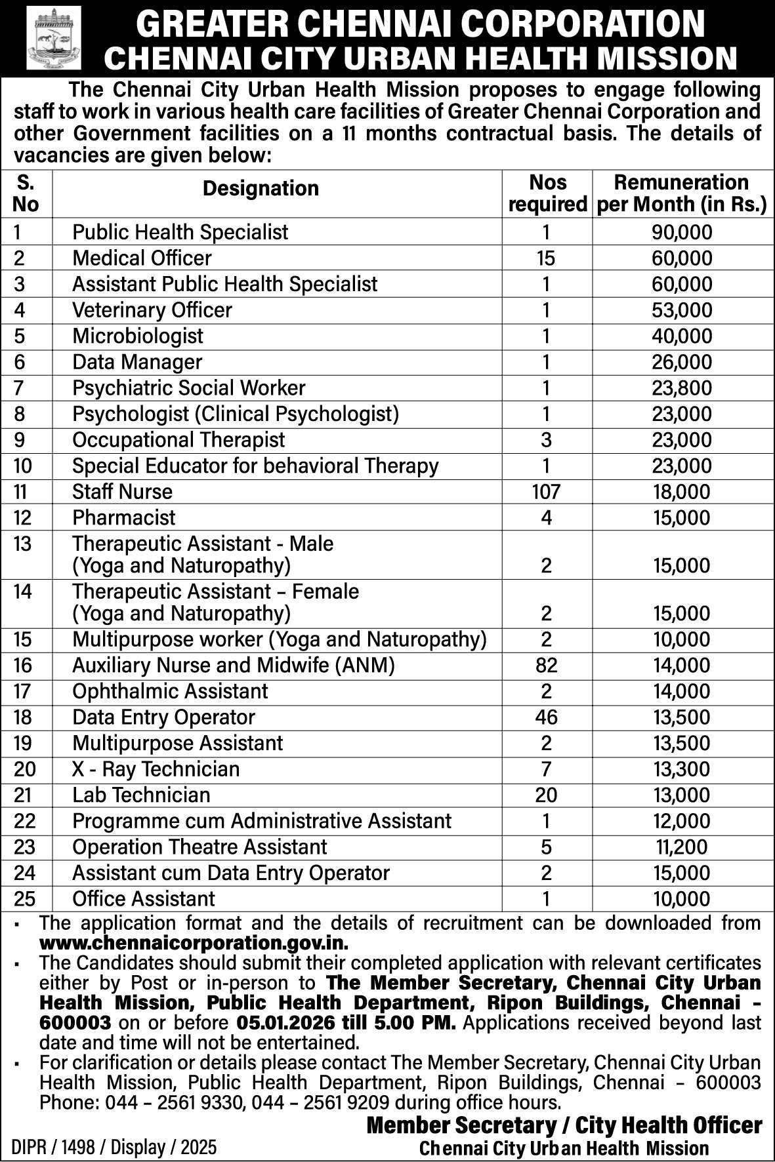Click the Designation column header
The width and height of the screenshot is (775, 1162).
261,189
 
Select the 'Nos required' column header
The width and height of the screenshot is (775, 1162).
547,193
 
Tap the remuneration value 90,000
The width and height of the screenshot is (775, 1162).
682,232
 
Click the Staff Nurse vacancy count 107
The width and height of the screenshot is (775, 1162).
546,492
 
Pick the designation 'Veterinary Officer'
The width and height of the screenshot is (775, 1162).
152,310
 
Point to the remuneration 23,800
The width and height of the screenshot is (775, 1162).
682,388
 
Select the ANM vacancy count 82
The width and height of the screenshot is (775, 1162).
546,666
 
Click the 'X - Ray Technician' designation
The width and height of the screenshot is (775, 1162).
156,769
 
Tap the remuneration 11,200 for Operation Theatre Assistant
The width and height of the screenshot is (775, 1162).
682,847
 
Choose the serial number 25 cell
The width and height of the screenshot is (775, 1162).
24,899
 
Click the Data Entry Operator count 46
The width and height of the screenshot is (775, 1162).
546,717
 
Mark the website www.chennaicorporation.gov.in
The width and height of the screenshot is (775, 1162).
194,944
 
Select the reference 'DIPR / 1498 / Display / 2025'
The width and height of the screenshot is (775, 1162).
114,1148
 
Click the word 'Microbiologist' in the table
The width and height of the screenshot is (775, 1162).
138,336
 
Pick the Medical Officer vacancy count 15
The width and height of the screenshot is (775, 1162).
546,258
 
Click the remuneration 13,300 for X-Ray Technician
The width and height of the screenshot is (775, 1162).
682,769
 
